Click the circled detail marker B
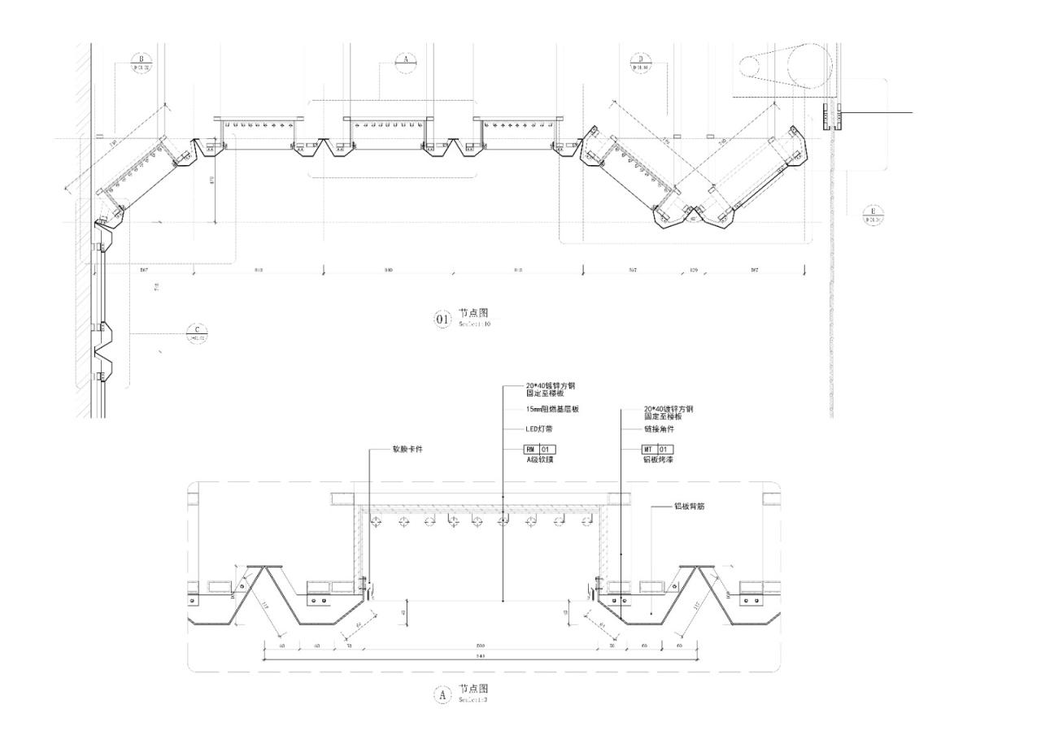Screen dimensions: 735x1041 pos(142,63)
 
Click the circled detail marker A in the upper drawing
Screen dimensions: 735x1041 pos(406,62)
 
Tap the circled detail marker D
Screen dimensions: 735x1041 pos(640,63)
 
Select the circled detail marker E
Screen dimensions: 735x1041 pos(873,215)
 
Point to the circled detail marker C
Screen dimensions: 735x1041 pos(197,333)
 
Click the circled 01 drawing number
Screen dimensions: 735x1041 pos(442,319)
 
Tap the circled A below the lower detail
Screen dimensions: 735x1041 pos(442,695)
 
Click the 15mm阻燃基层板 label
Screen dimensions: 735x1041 pos(553,410)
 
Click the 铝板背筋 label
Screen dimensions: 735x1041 pos(690,506)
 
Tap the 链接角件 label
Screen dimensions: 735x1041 pos(660,429)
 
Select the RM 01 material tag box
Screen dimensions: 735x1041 pos(541,449)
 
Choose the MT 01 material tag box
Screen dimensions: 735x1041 pos(658,449)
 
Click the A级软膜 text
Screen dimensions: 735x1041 pos(540,460)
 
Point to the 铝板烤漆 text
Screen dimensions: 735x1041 pos(658,460)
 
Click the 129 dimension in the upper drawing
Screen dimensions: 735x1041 pos(693,269)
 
